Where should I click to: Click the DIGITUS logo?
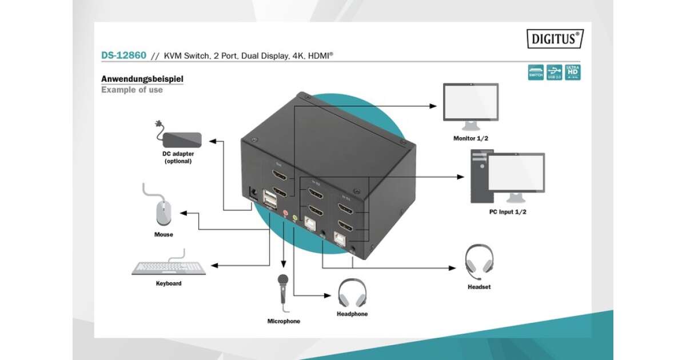pyautogui.click(x=555, y=39)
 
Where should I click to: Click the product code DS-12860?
pyautogui.click(x=123, y=56)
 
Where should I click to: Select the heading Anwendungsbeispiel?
pyautogui.click(x=142, y=79)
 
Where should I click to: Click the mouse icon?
pyautogui.click(x=163, y=212)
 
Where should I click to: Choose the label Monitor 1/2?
pyautogui.click(x=471, y=138)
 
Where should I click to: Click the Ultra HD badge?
pyautogui.click(x=573, y=72)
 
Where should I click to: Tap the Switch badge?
pyautogui.click(x=536, y=72)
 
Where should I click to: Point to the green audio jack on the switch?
pyautogui.click(x=295, y=218)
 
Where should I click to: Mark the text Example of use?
pyautogui.click(x=132, y=90)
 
